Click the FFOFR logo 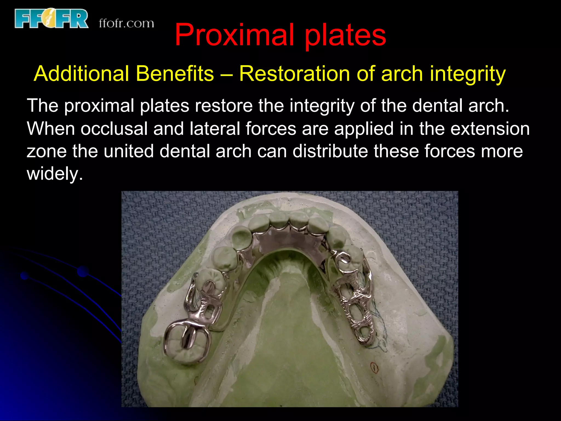[51, 18]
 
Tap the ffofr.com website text [126, 24]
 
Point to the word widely [54, 174]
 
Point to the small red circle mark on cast [374, 367]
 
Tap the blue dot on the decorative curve [83, 271]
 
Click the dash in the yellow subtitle [226, 74]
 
